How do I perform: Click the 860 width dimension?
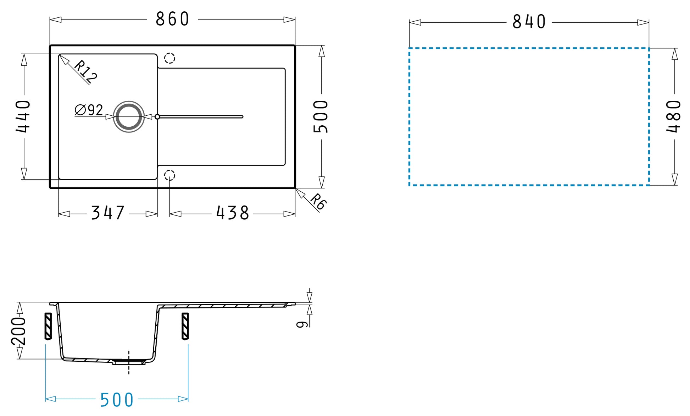click(x=172, y=19)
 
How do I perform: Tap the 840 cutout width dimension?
click(x=529, y=22)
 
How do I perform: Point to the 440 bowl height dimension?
click(x=23, y=116)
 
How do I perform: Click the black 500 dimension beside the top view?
click(x=321, y=116)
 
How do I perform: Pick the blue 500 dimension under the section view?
click(x=117, y=400)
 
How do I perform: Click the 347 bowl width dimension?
click(x=108, y=213)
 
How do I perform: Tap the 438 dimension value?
click(x=233, y=213)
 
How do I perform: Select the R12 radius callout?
click(x=85, y=72)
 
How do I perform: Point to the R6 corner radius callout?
click(x=318, y=202)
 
